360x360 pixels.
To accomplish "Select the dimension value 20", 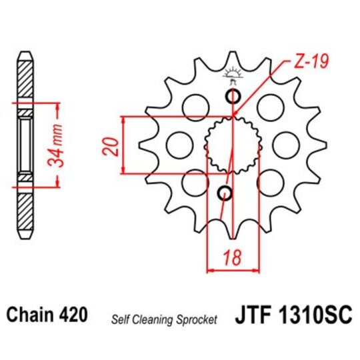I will pos(113,146).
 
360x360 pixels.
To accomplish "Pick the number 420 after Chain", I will pos(75,313).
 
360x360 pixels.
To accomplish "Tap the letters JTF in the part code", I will pos(255,314).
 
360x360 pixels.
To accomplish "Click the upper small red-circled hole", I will pos(233,97).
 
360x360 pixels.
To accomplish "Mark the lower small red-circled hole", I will pos(225,194).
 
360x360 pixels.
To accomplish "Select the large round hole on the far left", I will pos(176,144).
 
